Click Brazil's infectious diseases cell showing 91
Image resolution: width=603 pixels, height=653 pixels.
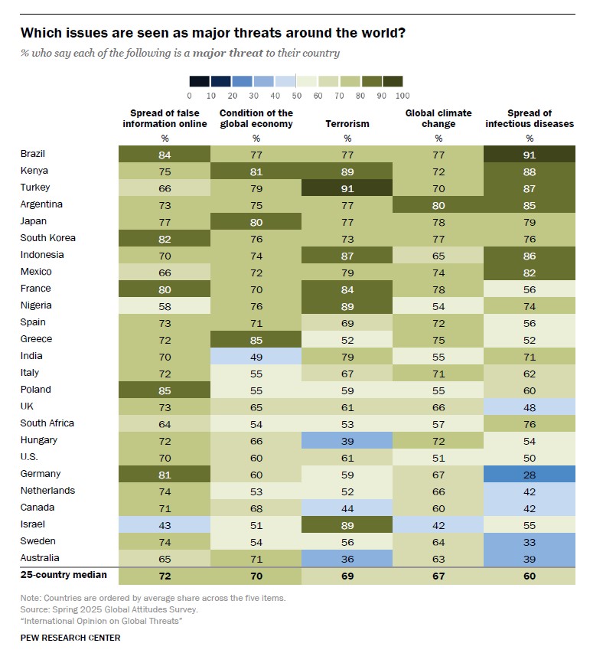pos(530,154)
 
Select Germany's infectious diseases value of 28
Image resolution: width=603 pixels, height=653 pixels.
pos(530,474)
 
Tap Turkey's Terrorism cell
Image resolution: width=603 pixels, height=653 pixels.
pos(347,188)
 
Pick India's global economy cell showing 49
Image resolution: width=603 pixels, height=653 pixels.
pos(256,356)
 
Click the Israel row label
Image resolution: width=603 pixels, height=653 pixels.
pos(32,524)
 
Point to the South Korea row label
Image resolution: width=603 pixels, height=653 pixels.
pos(47,238)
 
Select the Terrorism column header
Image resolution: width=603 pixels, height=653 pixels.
pos(347,124)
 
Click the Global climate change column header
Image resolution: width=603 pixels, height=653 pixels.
pos(438,119)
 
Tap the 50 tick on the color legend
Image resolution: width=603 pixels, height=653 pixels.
pos(296,96)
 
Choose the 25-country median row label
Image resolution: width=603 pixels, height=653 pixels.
pos(64,575)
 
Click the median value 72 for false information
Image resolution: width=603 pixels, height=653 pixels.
pos(165,575)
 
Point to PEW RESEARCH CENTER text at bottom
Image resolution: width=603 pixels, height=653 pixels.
pos(70,638)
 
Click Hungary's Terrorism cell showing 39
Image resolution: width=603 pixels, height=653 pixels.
pos(347,440)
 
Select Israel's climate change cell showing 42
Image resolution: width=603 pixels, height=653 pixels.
pos(438,524)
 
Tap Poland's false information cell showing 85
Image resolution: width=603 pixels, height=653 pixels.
pos(165,390)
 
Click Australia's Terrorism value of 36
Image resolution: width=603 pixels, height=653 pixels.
pos(347,558)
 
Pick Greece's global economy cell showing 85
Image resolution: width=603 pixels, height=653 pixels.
pos(256,339)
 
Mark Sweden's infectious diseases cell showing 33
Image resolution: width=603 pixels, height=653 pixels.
pos(530,541)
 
